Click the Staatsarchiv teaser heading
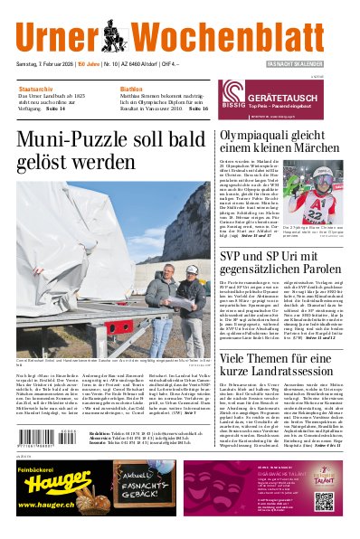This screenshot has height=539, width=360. tap(37, 90)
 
